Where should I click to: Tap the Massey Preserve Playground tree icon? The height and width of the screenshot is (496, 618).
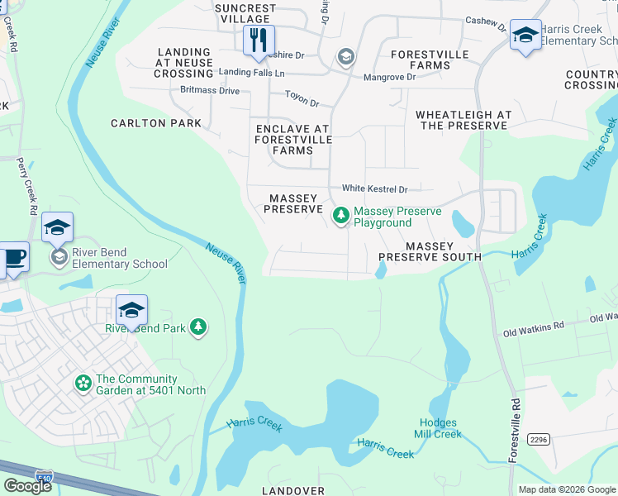(x=340, y=216)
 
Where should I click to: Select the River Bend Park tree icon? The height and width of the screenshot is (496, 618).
(x=198, y=327)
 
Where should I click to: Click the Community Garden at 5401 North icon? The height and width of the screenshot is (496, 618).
(x=83, y=383)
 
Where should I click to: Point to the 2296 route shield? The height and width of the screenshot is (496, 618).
(x=538, y=440)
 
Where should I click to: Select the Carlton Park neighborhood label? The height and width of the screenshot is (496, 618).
(x=156, y=123)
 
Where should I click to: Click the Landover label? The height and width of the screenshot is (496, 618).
(x=293, y=490)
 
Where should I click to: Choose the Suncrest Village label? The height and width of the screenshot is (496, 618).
(x=244, y=13)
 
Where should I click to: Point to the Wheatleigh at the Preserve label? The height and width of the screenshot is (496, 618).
(x=463, y=120)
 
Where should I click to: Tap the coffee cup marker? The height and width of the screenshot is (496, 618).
(x=13, y=258)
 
